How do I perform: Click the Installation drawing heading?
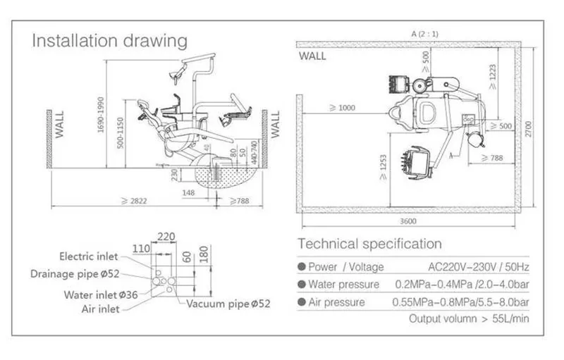[110, 39]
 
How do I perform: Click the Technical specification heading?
[370, 244]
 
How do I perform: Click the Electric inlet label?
[89, 257]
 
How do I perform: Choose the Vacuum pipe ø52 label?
[228, 304]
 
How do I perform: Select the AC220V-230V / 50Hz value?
[479, 266]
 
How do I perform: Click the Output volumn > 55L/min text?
[469, 318]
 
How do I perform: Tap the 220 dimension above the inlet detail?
[167, 237]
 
